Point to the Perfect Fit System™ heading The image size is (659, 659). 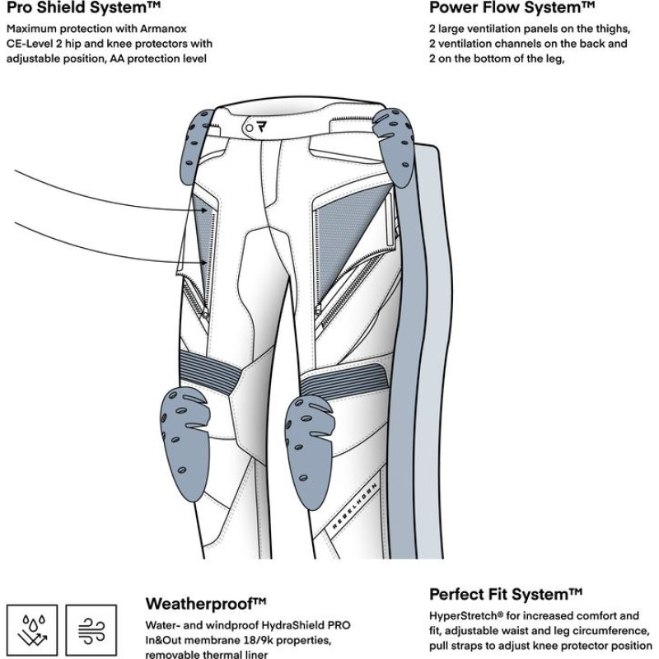click(506, 594)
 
